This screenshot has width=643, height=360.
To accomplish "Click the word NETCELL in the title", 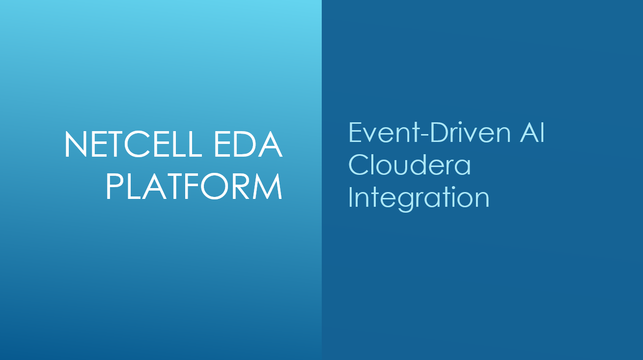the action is coord(133,144).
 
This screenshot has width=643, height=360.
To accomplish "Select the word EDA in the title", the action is coord(248,144).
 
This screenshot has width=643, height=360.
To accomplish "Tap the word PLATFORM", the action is coord(194,186).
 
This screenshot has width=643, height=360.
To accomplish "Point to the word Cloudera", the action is coord(409,165).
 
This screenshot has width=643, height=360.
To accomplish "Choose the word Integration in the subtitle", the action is coord(419,198).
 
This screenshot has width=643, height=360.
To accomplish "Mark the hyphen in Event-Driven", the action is coord(424,135).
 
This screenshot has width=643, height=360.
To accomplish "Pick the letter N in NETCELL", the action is coord(76,144).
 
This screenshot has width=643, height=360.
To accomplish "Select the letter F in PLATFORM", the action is coord(190,186).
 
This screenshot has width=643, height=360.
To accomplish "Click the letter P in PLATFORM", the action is coord(113,186).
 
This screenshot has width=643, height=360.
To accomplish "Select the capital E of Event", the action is coord(355,133).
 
